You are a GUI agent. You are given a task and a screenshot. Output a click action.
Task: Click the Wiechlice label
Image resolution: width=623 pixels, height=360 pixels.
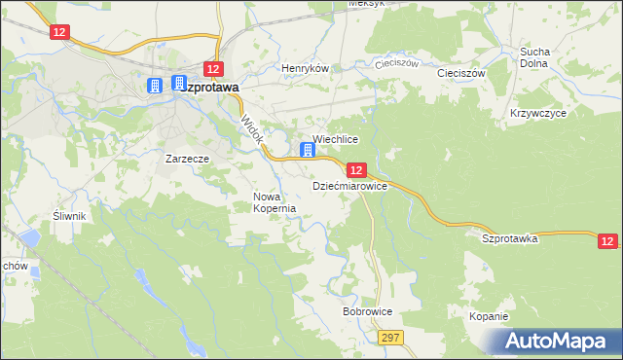tap(336, 140)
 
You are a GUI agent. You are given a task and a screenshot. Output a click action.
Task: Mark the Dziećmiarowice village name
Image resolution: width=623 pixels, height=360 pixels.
tap(349, 184)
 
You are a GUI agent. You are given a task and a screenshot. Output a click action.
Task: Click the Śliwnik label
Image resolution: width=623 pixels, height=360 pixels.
tap(71, 216)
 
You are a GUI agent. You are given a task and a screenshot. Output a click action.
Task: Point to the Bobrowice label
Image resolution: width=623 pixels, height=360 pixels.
tap(367, 312)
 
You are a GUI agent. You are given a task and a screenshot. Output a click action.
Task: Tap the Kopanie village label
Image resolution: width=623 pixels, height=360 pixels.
tap(488, 317)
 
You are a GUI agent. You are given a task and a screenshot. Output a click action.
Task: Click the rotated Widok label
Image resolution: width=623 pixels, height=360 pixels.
tap(251, 130)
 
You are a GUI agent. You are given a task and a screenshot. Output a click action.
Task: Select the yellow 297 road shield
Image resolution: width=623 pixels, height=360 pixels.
tap(392, 336)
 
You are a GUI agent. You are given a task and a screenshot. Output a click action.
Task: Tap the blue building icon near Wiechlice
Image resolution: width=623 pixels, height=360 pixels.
tap(308, 150)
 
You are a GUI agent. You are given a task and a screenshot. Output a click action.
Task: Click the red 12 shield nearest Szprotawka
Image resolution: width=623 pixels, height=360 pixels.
tap(607, 240)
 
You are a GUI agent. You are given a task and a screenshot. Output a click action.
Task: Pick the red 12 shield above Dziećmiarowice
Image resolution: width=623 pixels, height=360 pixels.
tap(356, 169)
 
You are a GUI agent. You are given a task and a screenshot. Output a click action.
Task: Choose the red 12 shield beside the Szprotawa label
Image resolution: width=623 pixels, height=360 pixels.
tap(214, 68)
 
